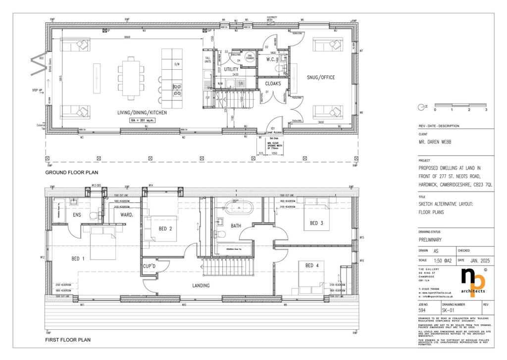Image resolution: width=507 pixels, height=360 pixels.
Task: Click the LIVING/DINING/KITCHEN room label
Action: click(x=142, y=113)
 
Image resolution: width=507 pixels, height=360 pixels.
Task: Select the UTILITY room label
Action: click(x=231, y=69)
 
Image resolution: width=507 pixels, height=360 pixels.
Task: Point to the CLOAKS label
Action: click(x=273, y=84)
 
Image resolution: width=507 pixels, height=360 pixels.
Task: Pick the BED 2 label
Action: click(x=165, y=228)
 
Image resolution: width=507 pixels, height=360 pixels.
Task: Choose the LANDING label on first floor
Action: click(x=201, y=285)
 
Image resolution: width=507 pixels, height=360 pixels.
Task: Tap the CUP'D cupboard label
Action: click(x=150, y=266)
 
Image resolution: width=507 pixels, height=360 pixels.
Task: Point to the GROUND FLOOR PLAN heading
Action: click(x=72, y=172)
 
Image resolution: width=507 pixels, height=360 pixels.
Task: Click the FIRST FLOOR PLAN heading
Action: click(x=68, y=340)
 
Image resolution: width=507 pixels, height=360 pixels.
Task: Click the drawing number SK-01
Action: click(x=449, y=310)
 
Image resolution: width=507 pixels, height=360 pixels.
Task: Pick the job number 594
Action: click(x=422, y=310)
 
